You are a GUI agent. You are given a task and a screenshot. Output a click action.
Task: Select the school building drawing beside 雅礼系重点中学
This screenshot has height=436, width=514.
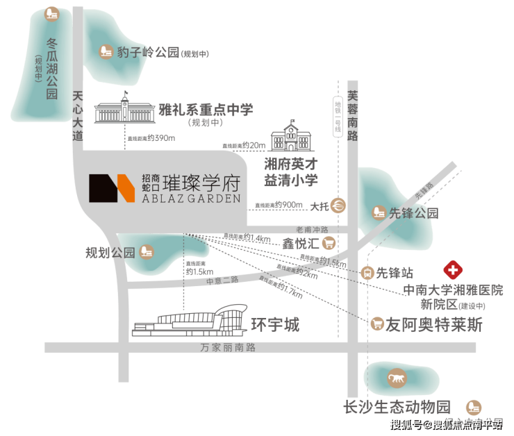click(x=124, y=112)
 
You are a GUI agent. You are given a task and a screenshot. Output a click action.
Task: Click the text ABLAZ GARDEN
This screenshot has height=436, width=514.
click(x=192, y=198)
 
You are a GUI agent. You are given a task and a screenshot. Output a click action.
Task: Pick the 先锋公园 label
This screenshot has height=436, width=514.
click(x=414, y=212)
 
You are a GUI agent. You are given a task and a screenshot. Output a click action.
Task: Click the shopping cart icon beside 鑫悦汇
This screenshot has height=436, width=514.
click(x=329, y=243)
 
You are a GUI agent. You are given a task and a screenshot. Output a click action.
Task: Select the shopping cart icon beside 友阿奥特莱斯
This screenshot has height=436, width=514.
click(x=377, y=323)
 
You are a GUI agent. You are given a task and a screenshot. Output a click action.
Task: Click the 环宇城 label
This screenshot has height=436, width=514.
click(x=275, y=324)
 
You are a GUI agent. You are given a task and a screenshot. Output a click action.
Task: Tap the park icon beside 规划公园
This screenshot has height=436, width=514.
click(x=147, y=251)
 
